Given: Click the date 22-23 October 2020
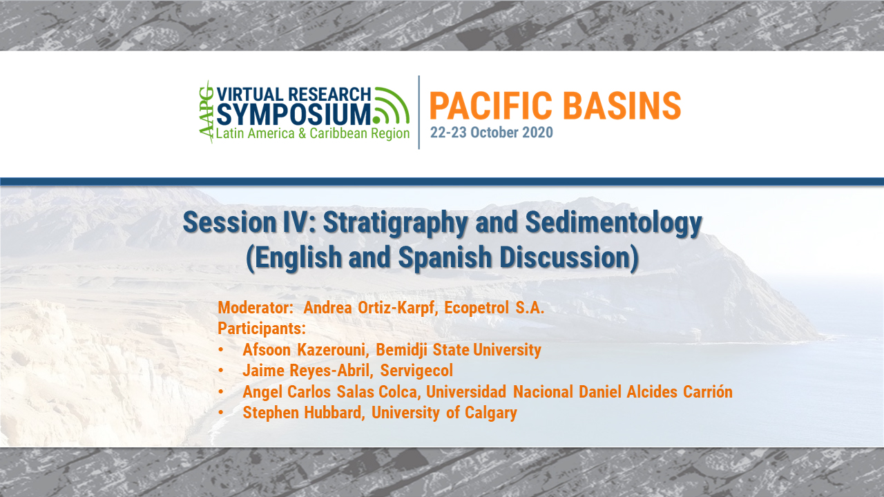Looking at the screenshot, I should (x=491, y=133).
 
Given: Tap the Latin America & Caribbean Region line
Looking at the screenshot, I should (x=313, y=133).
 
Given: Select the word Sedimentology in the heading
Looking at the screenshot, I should (x=614, y=223).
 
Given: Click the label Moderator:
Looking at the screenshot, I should (x=256, y=308).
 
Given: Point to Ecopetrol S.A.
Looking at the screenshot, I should (x=494, y=308).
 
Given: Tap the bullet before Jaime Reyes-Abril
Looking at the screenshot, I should (x=221, y=371).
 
